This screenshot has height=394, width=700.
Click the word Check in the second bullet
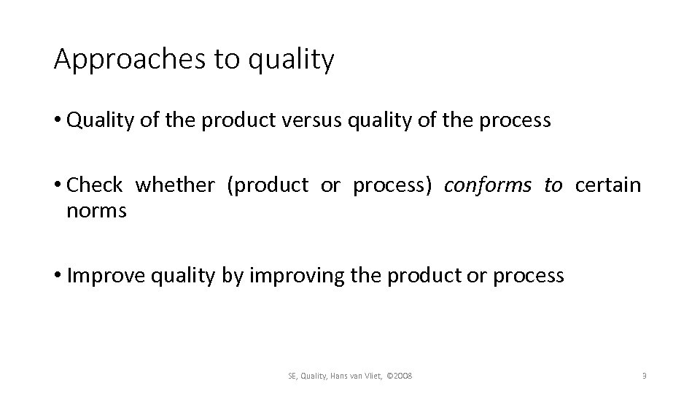pos(94,185)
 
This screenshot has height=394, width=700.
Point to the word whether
pos(175,185)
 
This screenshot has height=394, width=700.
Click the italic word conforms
pos(487,185)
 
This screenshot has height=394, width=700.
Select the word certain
pos(607,185)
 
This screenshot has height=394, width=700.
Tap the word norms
pos(96,211)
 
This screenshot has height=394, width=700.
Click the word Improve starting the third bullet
pos(100,275)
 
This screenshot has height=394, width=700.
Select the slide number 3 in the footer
pos(644,376)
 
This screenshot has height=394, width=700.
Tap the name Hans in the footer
pos(340,376)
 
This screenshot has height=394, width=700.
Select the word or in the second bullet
pos(330,185)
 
